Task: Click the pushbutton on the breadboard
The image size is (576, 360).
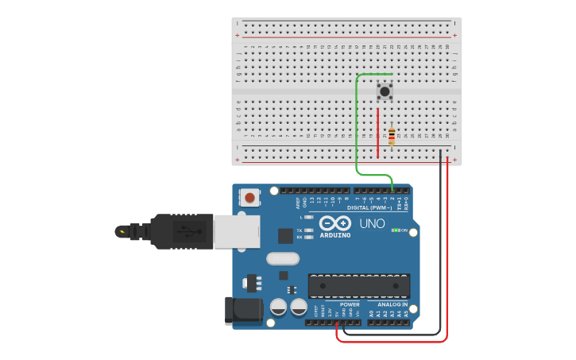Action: click(x=385, y=91)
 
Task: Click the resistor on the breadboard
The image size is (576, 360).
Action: click(x=391, y=137)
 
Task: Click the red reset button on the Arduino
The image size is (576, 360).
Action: click(x=250, y=197)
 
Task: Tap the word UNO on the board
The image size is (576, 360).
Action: click(x=372, y=224)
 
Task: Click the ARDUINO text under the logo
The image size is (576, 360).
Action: click(x=335, y=235)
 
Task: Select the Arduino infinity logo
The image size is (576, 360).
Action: click(x=335, y=223)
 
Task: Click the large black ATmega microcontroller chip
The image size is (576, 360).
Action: click(x=359, y=286)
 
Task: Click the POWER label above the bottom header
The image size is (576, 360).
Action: click(x=350, y=304)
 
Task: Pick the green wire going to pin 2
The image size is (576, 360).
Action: click(x=356, y=127)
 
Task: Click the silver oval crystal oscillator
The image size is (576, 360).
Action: click(x=282, y=258)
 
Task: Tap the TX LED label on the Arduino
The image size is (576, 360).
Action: click(x=300, y=230)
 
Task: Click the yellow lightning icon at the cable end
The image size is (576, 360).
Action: click(x=121, y=232)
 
